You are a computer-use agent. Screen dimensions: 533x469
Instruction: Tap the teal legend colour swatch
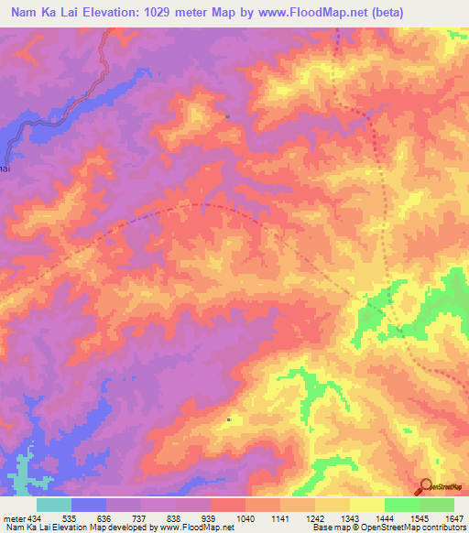pyautogui.click(x=54, y=505)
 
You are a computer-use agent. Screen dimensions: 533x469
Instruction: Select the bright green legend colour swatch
pyautogui.click(x=402, y=505)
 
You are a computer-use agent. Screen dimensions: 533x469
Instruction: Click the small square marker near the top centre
pyautogui.click(x=228, y=116)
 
